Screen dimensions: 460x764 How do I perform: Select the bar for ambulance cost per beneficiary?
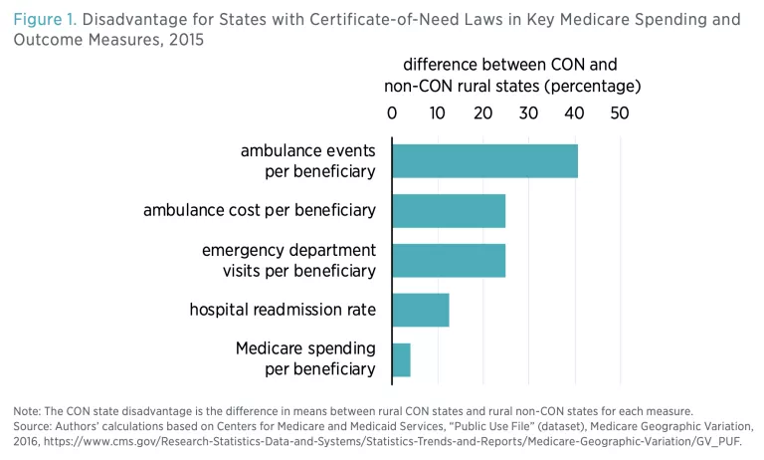tap(449, 210)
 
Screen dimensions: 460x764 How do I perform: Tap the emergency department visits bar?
tap(449, 260)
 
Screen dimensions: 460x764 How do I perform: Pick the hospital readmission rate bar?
tap(421, 310)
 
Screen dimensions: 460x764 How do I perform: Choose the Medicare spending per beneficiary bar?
tap(402, 359)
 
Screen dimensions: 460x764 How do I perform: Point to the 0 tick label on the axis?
tap(392, 114)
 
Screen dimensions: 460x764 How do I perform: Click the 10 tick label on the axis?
tap(438, 114)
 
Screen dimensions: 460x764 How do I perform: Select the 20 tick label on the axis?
tap(483, 114)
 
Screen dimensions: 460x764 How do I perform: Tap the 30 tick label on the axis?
tap(529, 114)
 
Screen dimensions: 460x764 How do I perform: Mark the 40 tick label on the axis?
tap(575, 114)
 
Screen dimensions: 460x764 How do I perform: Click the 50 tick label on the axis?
tap(621, 114)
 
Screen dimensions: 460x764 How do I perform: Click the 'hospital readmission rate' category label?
tap(283, 310)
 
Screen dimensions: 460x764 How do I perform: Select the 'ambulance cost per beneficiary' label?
tap(260, 210)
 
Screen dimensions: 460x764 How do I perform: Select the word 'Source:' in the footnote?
tap(36, 426)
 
